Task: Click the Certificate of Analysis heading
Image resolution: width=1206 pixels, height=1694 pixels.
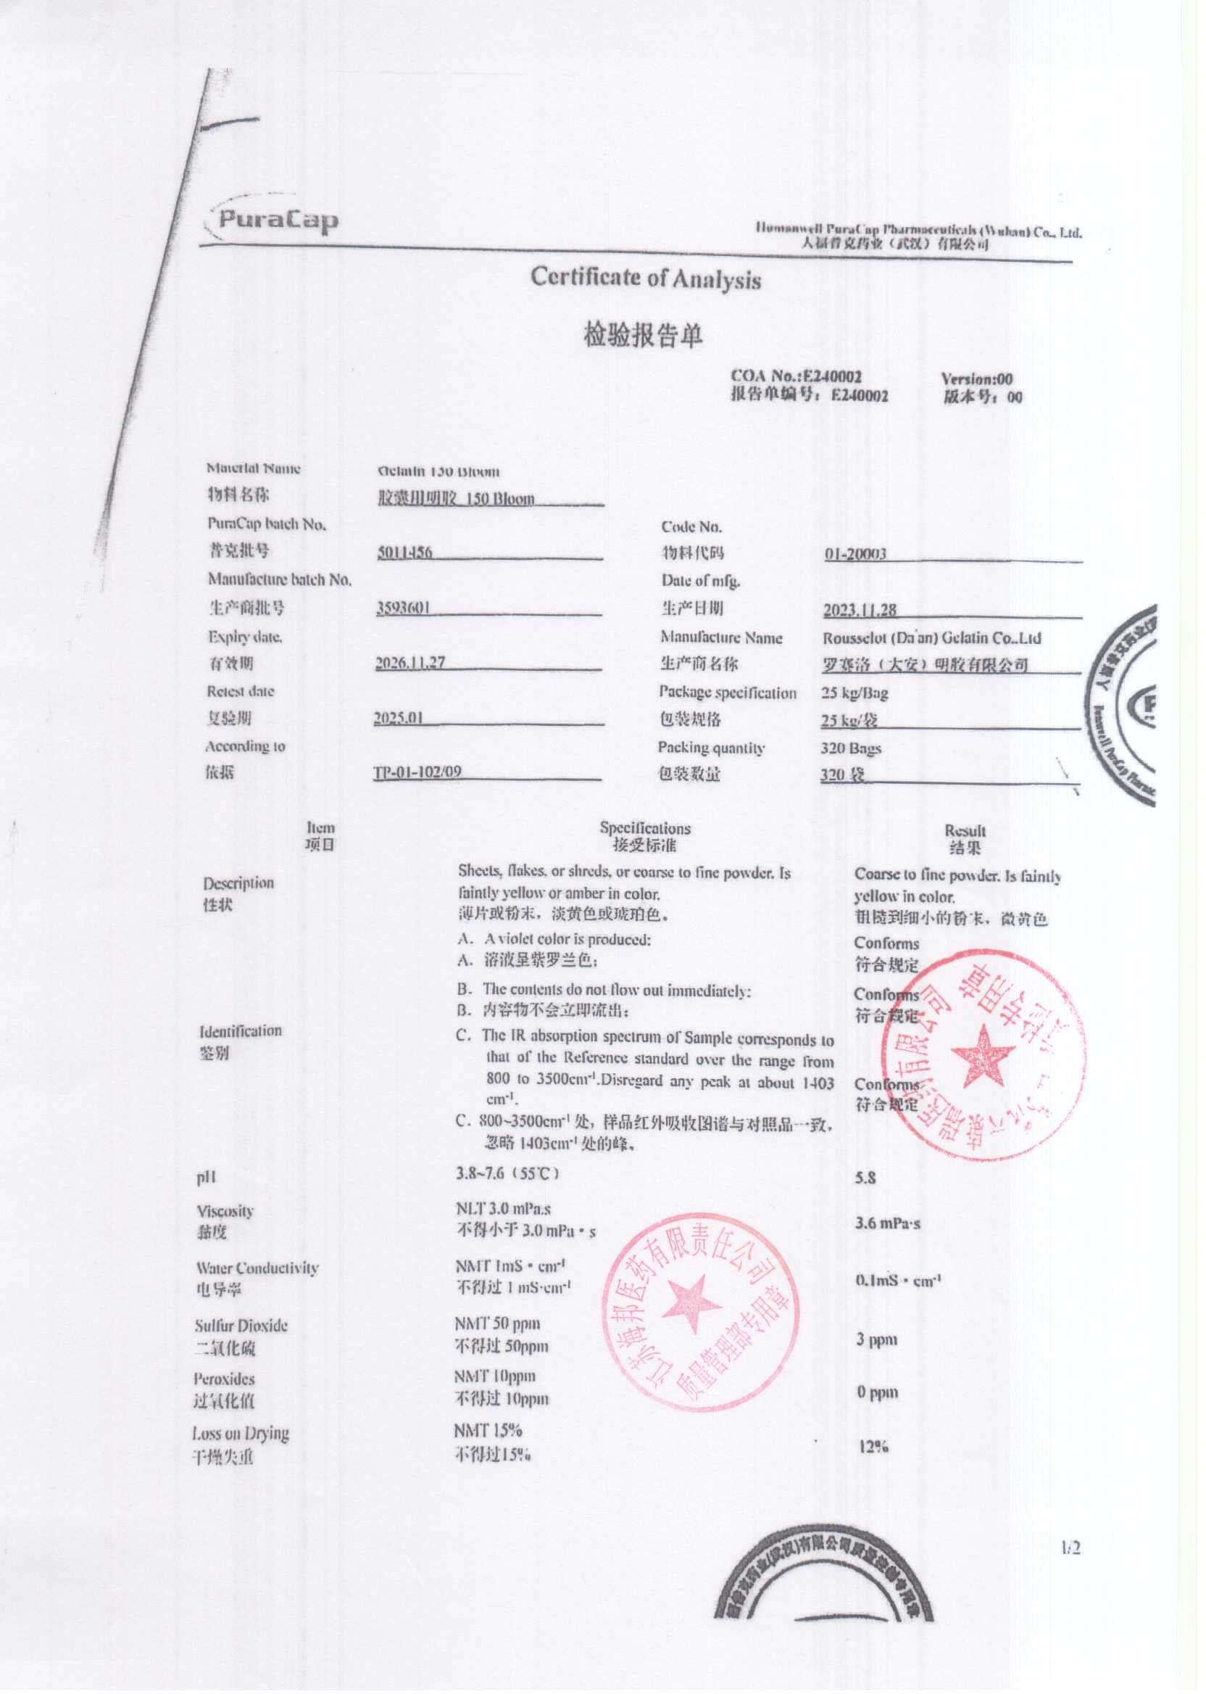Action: tap(645, 278)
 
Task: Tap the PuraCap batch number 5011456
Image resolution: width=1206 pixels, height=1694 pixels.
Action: tap(404, 553)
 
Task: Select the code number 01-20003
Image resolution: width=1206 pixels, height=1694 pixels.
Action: tap(854, 554)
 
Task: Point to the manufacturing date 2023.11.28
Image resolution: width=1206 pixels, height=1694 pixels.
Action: tap(859, 610)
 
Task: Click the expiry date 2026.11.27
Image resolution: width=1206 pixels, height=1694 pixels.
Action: tap(410, 662)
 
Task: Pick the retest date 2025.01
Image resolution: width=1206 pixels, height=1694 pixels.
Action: tap(399, 719)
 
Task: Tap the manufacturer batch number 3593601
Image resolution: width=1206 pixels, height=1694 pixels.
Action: tap(403, 608)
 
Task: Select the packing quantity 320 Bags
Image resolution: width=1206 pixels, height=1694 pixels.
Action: tap(850, 748)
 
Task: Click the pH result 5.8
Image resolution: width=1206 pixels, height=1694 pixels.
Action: tap(865, 1178)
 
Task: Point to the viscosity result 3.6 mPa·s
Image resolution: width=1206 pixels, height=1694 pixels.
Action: tap(887, 1223)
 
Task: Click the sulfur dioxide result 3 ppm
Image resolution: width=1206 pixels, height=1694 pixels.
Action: tap(876, 1339)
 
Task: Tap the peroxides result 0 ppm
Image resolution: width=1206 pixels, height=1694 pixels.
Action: tap(877, 1392)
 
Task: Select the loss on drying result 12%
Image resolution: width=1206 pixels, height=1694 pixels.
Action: tap(873, 1446)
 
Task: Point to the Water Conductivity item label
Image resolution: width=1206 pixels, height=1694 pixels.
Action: tap(257, 1268)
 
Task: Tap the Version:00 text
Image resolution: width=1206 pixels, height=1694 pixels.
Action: tap(976, 379)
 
